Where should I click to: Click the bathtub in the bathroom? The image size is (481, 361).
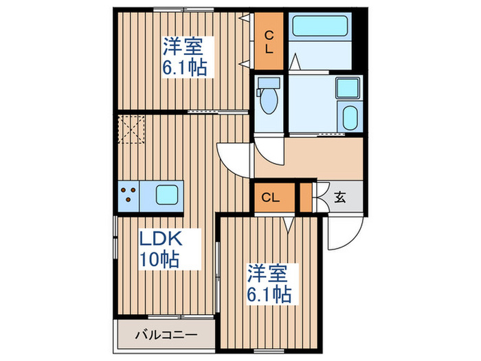(322, 28)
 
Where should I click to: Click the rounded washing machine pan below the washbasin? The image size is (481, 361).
(349, 118)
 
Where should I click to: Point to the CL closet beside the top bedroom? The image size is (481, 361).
(269, 42)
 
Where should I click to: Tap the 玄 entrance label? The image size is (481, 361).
(339, 197)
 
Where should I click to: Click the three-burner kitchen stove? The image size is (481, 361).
(128, 193)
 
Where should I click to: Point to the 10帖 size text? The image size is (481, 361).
(161, 259)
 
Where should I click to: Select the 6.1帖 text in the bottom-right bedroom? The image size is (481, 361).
(269, 294)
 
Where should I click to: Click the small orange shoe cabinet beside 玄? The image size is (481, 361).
(305, 197)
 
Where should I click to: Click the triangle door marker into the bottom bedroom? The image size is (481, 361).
(289, 223)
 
